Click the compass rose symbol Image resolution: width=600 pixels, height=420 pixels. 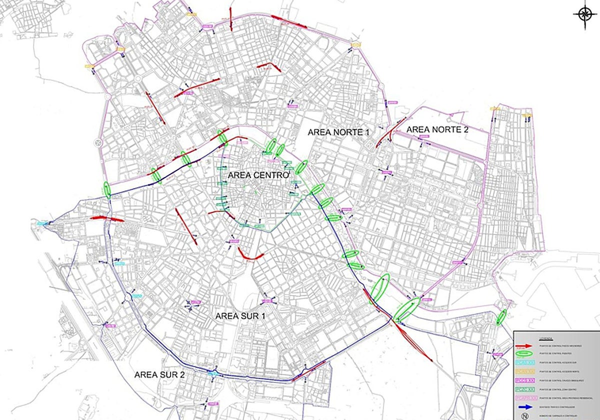coord(584,14)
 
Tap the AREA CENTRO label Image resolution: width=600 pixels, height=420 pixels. coord(258,175)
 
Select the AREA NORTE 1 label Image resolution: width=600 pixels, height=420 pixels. coord(338,132)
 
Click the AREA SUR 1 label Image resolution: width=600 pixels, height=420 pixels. coord(240,316)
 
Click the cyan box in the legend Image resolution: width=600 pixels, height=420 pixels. coord(525,362)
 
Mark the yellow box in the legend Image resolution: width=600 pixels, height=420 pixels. coord(525,371)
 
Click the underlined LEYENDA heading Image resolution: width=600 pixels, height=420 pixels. coord(546,338)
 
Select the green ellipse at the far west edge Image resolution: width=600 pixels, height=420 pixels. coord(106,189)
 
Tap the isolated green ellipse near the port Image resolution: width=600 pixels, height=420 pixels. coord(501,317)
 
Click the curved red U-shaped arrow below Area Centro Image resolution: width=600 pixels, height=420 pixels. coord(250,255)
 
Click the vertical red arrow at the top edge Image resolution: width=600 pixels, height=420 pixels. coord(230,19)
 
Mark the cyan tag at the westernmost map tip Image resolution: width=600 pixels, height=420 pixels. coord(42,223)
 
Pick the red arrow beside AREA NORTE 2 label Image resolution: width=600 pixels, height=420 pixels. coord(390,132)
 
